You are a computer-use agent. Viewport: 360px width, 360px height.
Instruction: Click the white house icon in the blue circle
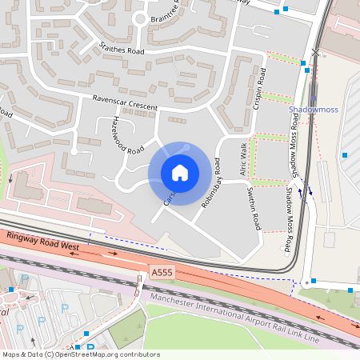pyautogui.click(x=179, y=173)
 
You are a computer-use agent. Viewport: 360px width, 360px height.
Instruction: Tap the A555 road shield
pyautogui.click(x=162, y=274)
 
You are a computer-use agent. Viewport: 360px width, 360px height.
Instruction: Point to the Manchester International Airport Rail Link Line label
pyautogui.click(x=233, y=316)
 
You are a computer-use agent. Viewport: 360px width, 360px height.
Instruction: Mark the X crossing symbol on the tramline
pyautogui.click(x=315, y=53)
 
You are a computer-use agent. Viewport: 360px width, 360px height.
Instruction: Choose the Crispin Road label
pyautogui.click(x=259, y=88)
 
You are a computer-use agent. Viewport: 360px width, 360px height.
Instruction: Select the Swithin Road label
pyautogui.click(x=254, y=205)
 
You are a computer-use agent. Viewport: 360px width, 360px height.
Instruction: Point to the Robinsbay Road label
pyautogui.click(x=211, y=183)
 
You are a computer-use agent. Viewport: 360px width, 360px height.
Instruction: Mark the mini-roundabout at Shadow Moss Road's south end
pyautogui.click(x=306, y=282)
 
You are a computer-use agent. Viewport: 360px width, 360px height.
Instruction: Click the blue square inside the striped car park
pyautogui.click(x=345, y=155)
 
